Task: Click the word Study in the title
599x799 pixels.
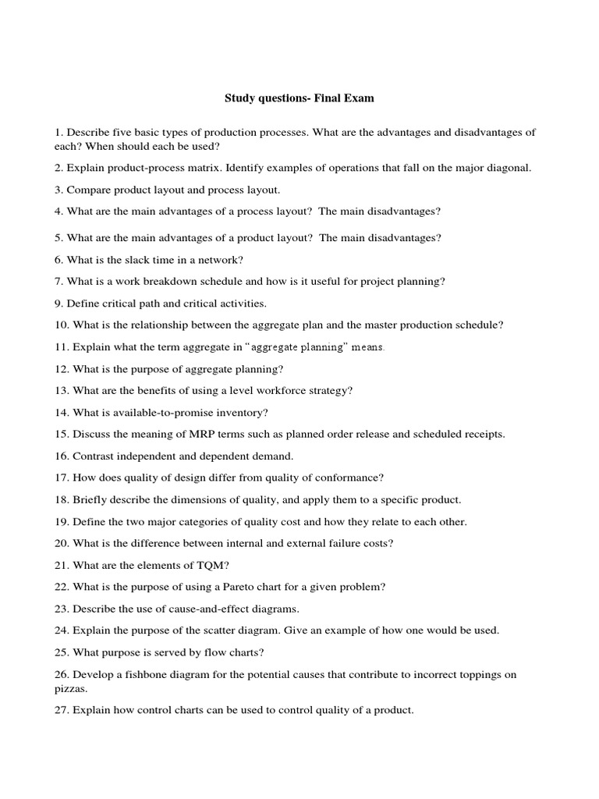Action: (x=240, y=98)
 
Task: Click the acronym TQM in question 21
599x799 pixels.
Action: (x=193, y=565)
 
